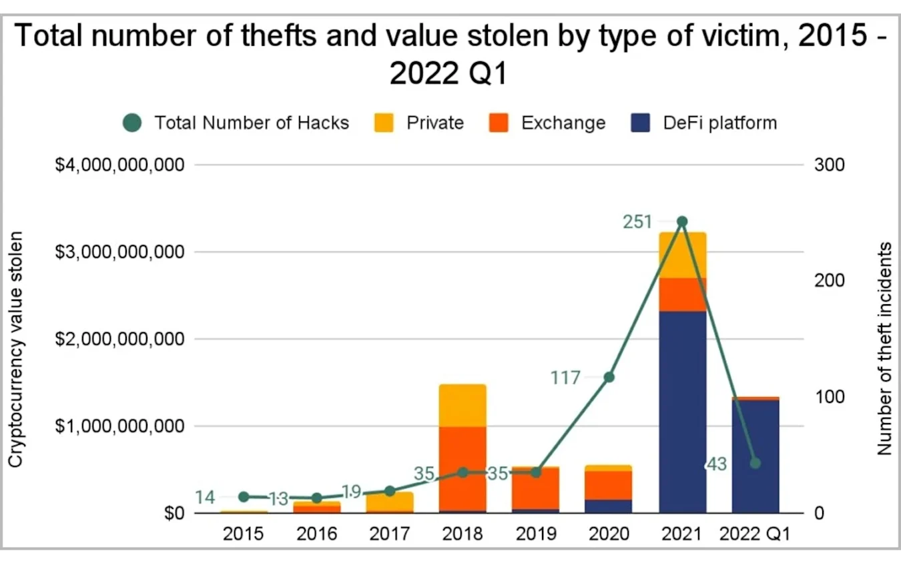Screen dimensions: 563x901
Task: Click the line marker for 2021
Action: coord(682,221)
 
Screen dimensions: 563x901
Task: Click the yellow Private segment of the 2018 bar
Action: coord(463,405)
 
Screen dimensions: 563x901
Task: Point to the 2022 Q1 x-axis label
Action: coord(756,534)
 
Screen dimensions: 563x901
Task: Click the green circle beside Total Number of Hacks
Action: coord(133,123)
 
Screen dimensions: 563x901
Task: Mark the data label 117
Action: coord(565,378)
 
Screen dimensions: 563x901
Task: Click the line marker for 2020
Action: coord(609,377)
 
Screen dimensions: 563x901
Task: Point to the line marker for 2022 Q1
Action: coord(756,463)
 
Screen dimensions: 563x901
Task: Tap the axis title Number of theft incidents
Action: coord(885,349)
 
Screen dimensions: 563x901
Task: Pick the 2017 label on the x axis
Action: coord(390,534)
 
